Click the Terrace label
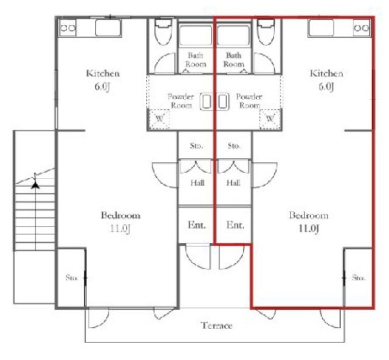[216, 325]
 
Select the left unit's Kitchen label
[103, 73]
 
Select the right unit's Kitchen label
[326, 73]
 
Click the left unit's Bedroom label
[120, 216]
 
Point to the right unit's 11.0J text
[309, 228]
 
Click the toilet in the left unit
[163, 32]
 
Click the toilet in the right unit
[266, 32]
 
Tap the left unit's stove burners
[68, 28]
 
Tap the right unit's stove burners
[362, 28]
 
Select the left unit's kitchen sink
[108, 28]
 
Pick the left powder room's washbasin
[207, 101]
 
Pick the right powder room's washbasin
[222, 101]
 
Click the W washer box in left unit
[159, 119]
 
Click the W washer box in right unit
[270, 119]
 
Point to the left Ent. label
[197, 225]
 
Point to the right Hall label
[233, 183]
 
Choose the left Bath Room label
[196, 59]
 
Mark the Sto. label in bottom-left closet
[72, 277]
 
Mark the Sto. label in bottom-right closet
[358, 277]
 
